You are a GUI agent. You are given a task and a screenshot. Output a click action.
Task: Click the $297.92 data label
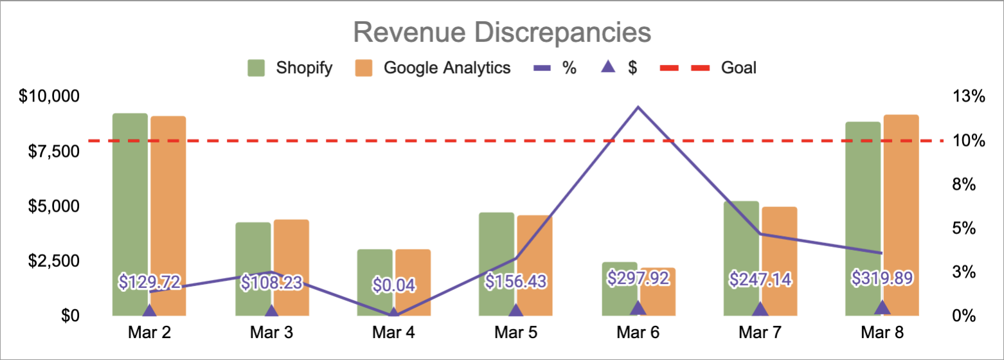[638, 278]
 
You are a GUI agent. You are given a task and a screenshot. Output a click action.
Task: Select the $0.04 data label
[393, 284]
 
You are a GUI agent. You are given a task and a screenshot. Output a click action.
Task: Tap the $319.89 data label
[882, 278]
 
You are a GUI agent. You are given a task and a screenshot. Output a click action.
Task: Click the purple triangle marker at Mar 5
[515, 310]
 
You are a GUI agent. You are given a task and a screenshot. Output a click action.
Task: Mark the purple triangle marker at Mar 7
[760, 309]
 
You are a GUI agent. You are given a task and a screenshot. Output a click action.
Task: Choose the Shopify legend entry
[291, 67]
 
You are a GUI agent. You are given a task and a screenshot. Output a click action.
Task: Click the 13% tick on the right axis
[969, 97]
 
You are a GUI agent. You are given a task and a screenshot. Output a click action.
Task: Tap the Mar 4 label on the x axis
[393, 333]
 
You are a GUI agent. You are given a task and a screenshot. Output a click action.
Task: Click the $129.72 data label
[149, 281]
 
